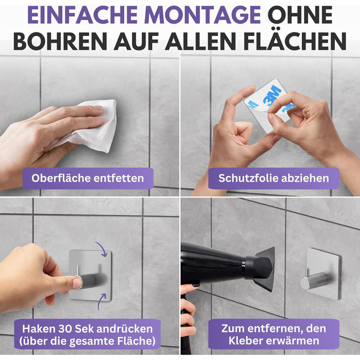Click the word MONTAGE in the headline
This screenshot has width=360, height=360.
coord(203,15)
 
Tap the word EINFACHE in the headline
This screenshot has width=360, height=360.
coord(83,15)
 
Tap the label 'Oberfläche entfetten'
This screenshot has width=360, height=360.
coord(88,178)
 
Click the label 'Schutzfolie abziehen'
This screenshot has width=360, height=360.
coord(274,178)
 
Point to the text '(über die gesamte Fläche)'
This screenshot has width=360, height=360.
coord(87,341)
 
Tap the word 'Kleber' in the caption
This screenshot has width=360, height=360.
coord(244,340)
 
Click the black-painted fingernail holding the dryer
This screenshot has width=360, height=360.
coord(196,285)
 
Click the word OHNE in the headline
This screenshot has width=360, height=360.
coord(300,15)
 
